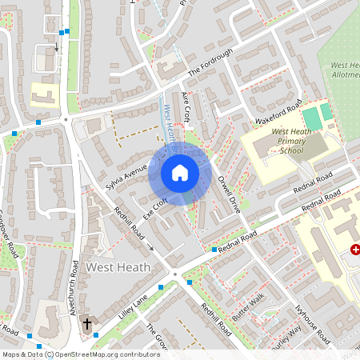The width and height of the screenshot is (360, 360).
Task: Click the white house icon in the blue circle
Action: (180, 172)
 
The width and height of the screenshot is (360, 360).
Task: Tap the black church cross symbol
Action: (87, 324)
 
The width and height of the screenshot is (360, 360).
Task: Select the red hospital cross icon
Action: (354, 250)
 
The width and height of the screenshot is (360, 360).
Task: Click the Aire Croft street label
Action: (186, 107)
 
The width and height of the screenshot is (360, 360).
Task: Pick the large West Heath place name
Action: (117, 266)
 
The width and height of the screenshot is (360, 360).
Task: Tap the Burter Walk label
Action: (248, 307)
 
